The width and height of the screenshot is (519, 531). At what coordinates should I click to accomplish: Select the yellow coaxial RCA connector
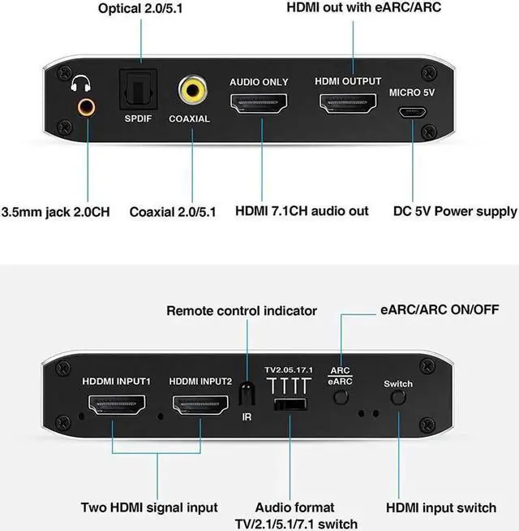[191, 90]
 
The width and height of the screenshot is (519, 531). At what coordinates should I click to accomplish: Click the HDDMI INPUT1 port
[115, 404]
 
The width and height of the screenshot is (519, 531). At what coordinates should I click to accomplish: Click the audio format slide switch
[290, 404]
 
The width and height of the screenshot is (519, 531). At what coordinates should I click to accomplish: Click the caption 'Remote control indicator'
[242, 310]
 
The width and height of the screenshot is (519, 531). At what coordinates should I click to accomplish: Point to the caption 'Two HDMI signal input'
[149, 507]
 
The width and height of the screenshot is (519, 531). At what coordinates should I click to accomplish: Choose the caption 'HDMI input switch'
[440, 507]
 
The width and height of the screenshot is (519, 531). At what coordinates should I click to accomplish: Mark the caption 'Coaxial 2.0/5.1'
[173, 211]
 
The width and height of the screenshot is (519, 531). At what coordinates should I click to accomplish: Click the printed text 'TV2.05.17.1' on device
[289, 370]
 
